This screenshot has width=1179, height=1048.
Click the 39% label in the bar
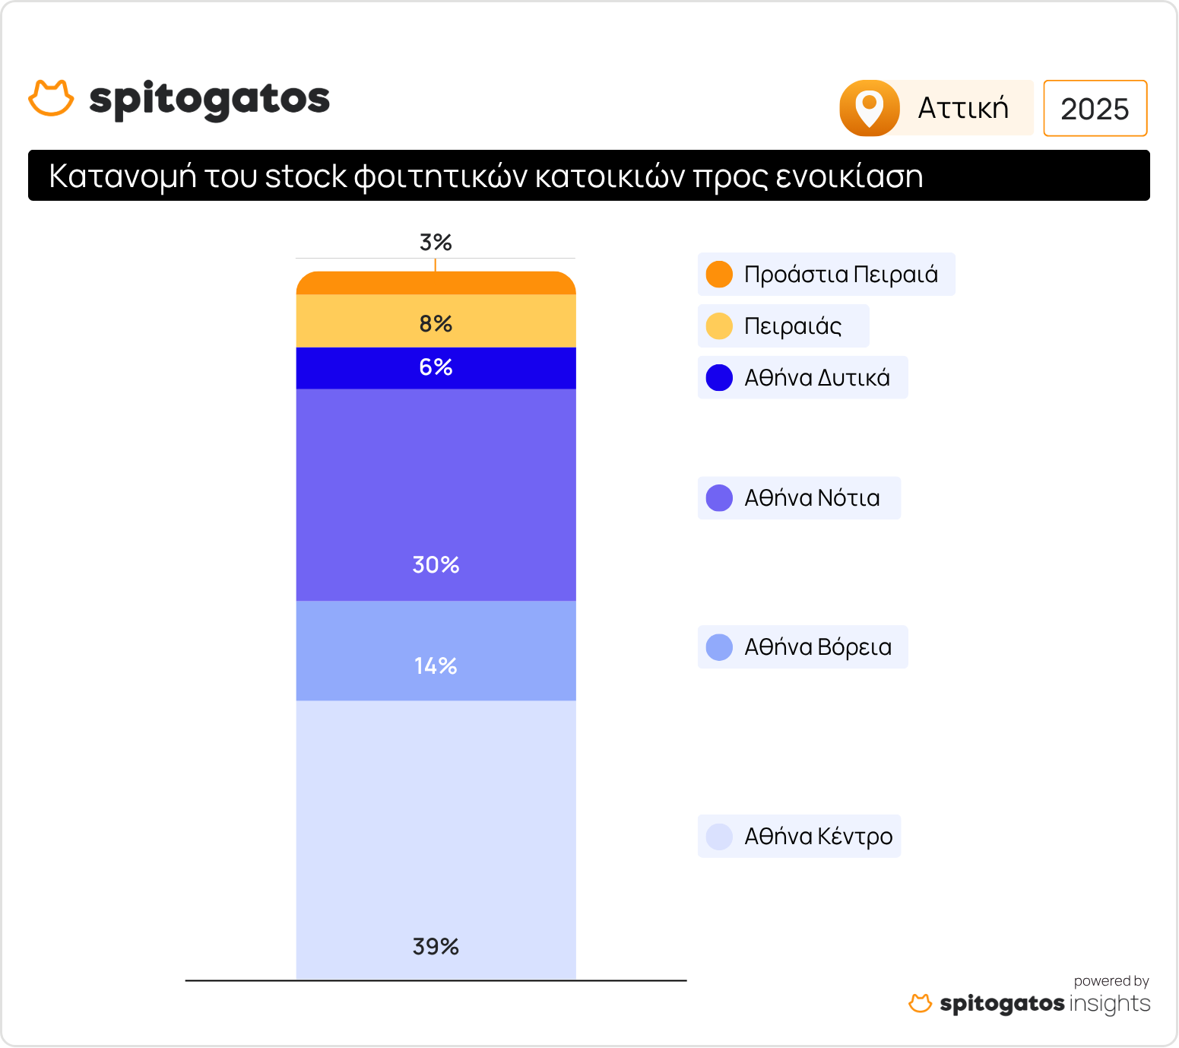436,946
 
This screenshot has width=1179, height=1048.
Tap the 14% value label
436,666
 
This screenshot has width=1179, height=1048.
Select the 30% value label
436,564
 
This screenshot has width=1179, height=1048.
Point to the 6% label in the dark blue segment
436,367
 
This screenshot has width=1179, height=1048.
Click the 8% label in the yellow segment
436,324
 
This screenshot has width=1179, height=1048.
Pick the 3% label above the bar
436,243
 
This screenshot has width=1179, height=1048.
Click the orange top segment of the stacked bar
436,284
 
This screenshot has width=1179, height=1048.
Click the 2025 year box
1095,109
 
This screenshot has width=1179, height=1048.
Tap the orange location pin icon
870,108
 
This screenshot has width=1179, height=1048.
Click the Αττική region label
963,108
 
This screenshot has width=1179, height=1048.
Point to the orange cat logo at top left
51,98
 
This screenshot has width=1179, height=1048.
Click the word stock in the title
306,176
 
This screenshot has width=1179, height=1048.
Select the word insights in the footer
1110,1003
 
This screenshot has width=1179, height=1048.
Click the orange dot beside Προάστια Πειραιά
719,275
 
